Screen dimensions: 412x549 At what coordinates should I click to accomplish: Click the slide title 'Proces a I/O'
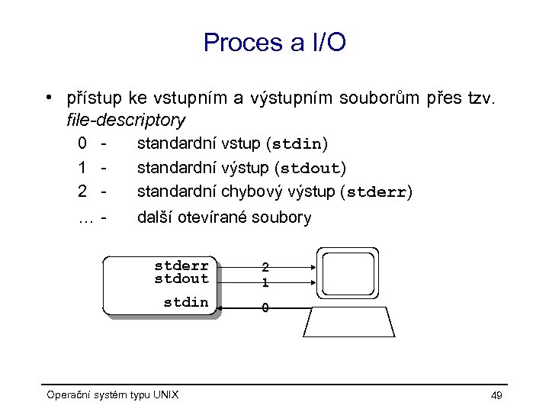[x=274, y=42]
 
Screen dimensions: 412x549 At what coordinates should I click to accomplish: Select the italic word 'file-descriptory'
[x=126, y=120]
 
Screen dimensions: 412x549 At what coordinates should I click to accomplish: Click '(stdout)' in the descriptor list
[x=309, y=167]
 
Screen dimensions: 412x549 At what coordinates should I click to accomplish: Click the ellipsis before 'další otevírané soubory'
[x=86, y=217]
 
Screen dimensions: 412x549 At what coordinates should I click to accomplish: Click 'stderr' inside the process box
[x=181, y=266]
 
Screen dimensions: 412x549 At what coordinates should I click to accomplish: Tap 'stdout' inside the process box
[x=181, y=278]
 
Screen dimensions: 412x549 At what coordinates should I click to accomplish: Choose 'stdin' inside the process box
[x=186, y=302]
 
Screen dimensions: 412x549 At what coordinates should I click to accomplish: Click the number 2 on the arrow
[x=265, y=268]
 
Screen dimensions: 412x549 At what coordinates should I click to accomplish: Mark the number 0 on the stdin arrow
[x=265, y=308]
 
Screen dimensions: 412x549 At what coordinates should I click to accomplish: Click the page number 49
[x=496, y=394]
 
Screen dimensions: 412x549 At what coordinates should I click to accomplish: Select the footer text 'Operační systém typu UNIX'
[x=113, y=394]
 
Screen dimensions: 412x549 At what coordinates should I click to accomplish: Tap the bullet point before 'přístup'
[x=48, y=98]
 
